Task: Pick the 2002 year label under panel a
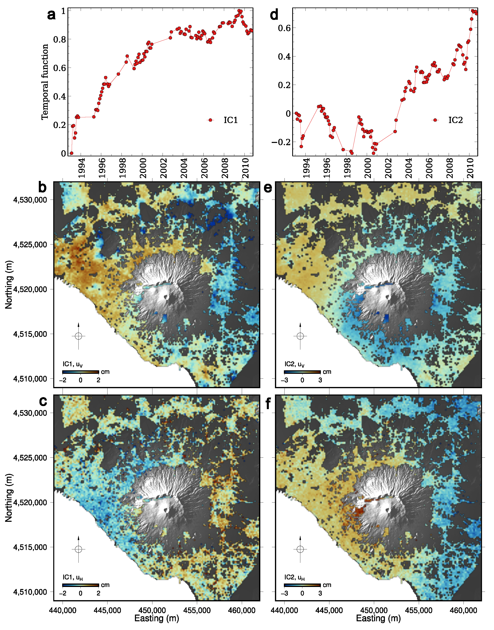tap(163, 168)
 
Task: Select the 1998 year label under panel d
tap(347, 168)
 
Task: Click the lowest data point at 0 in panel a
tap(72, 153)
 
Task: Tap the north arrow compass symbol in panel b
tap(78, 336)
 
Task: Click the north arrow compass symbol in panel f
tap(300, 549)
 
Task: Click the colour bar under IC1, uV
tap(81, 372)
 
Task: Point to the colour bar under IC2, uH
tap(302, 585)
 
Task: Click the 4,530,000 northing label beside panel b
tap(30, 200)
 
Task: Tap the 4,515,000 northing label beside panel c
tap(30, 547)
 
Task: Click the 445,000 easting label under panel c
tap(107, 610)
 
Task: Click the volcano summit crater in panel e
tap(388, 297)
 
